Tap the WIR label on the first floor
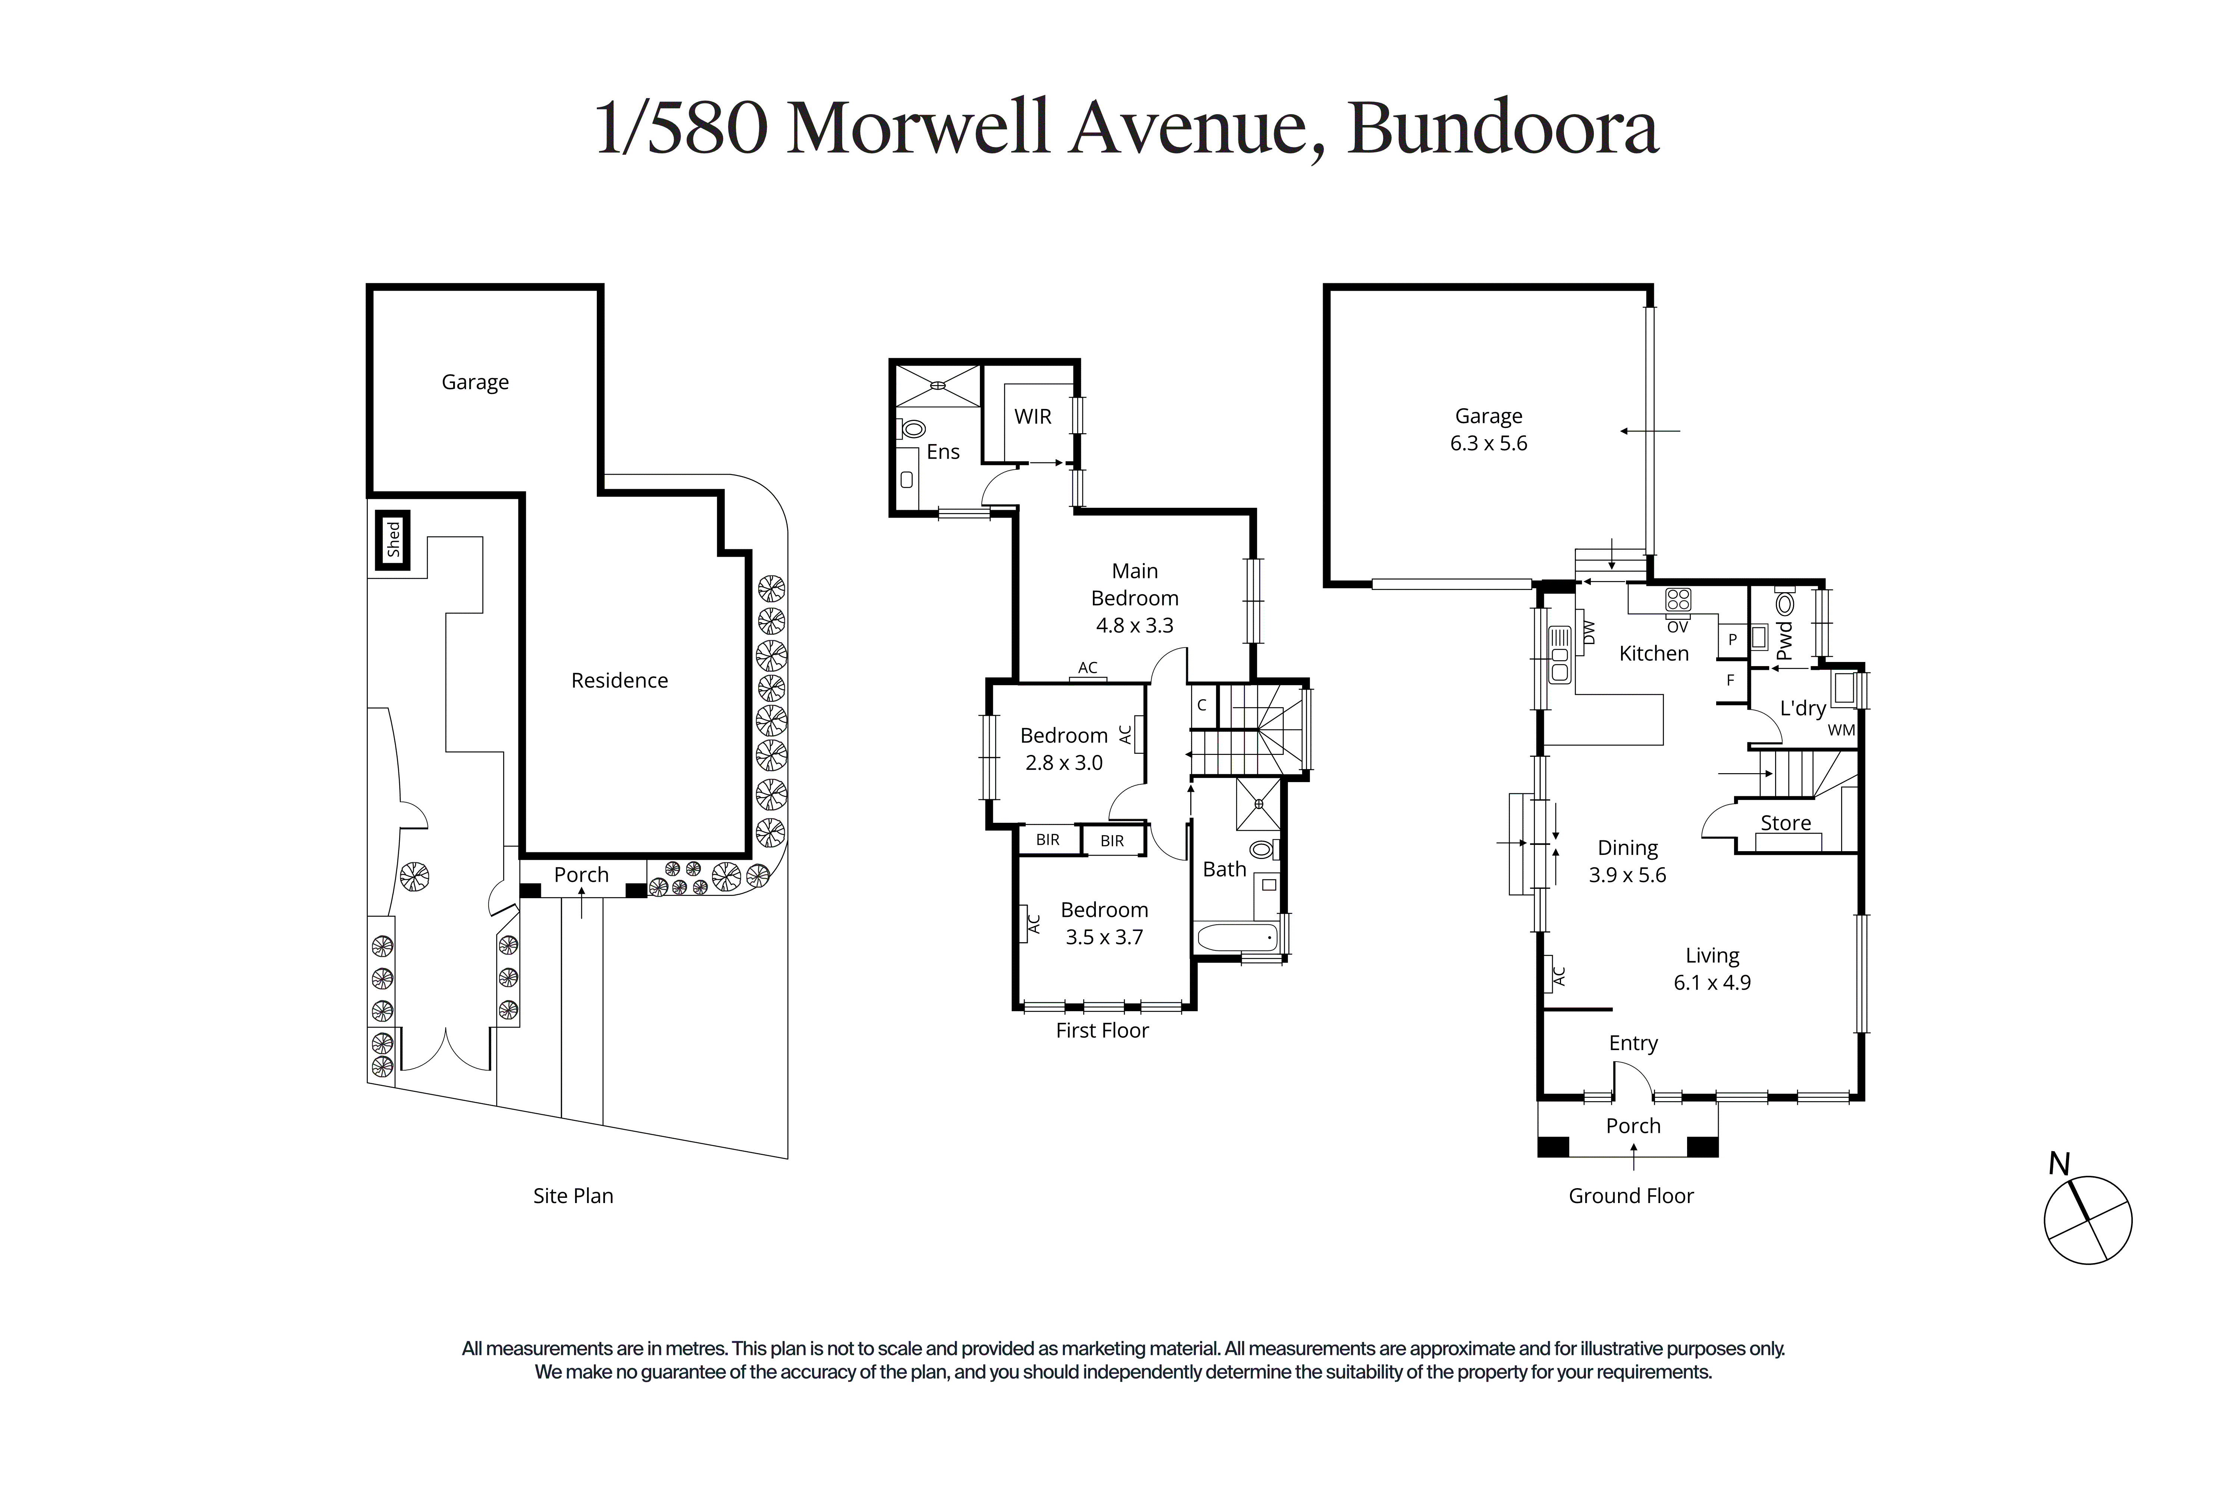[x=1032, y=416]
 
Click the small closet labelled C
[x=1202, y=705]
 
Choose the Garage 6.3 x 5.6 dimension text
[x=1489, y=443]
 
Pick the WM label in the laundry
[x=1841, y=730]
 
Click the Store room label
[x=1786, y=823]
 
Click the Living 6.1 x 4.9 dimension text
[x=1712, y=983]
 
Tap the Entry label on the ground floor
[x=1633, y=1043]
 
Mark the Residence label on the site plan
[x=619, y=680]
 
